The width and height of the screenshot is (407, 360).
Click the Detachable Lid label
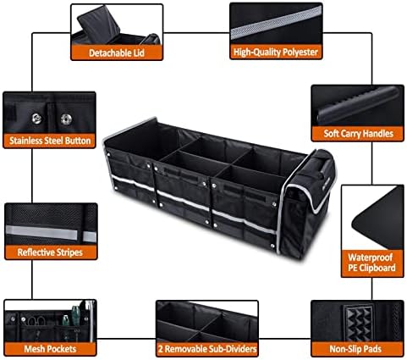click(117, 53)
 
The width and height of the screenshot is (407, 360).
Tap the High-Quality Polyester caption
click(276, 52)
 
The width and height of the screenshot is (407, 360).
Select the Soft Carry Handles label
click(358, 133)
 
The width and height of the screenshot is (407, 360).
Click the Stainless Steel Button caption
click(50, 141)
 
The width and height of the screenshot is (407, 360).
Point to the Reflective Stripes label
click(50, 252)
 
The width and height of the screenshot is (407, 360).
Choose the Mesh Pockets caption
click(50, 349)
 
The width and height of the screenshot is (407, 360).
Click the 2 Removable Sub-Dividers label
click(207, 349)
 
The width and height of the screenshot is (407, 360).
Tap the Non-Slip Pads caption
click(355, 349)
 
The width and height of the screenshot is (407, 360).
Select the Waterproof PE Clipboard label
click(371, 263)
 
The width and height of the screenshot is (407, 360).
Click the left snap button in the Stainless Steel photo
click(36, 119)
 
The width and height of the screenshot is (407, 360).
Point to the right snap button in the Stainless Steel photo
click(66, 119)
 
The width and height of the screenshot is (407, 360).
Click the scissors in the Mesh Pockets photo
click(37, 321)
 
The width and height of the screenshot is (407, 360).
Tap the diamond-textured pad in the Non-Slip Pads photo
click(358, 323)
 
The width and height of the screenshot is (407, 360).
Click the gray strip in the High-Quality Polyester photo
click(276, 22)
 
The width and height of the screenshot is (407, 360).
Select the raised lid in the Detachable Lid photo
click(99, 25)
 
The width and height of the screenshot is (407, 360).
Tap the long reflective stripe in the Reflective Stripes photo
click(41, 232)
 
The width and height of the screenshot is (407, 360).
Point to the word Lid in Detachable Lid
click(137, 53)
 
